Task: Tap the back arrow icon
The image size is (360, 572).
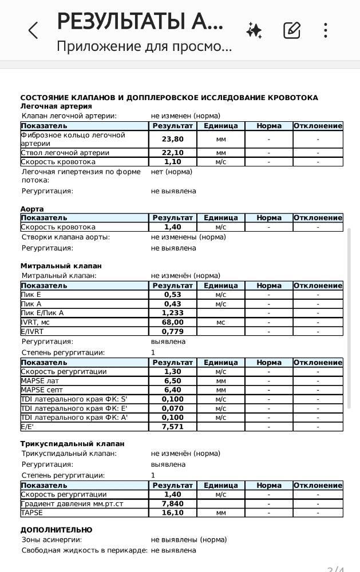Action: click(x=33, y=30)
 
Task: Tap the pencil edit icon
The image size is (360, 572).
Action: click(x=292, y=30)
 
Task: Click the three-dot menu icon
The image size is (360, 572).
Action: click(x=325, y=30)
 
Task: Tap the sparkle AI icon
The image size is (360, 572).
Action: click(x=254, y=30)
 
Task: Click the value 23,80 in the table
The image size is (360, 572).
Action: click(x=173, y=139)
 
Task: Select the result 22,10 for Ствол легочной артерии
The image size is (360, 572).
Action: click(x=173, y=153)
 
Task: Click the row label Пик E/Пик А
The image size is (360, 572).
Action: click(x=42, y=313)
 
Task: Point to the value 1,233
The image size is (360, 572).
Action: click(x=173, y=313)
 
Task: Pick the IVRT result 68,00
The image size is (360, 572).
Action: click(x=173, y=322)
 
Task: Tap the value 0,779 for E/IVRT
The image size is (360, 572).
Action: click(x=173, y=331)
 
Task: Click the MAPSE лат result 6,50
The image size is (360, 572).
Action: click(x=173, y=380)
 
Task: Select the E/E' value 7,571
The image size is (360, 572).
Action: click(x=173, y=426)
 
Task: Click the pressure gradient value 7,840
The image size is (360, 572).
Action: click(x=173, y=503)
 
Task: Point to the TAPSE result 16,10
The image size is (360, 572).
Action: click(x=173, y=513)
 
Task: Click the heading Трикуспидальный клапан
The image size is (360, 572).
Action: click(x=72, y=443)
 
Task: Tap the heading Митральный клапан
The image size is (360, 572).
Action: click(x=61, y=266)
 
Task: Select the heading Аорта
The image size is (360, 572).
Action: click(x=32, y=209)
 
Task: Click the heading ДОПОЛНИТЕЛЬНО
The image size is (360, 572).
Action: click(x=56, y=530)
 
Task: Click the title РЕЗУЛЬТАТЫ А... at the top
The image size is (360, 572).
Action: click(x=140, y=22)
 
